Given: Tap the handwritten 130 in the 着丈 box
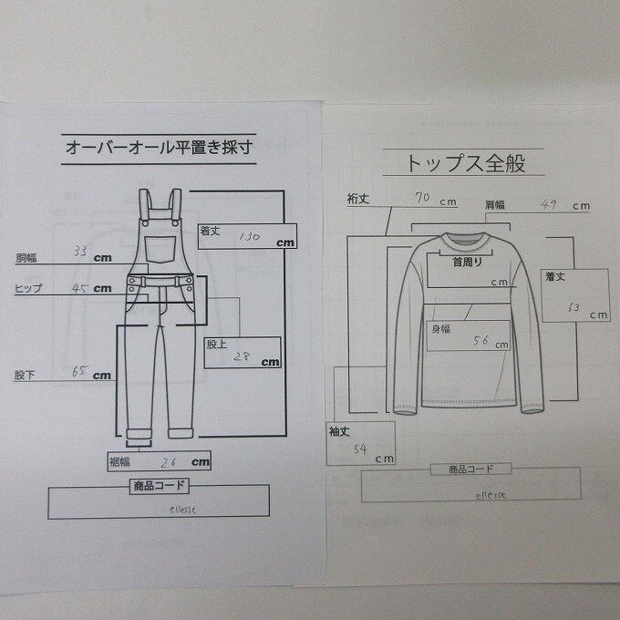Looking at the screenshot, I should point(248,237).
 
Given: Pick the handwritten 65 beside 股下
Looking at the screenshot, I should point(80,373).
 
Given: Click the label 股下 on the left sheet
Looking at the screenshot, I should point(25,374).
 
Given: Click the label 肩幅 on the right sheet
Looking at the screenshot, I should point(494,204).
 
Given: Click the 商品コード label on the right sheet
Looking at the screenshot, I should point(470,470).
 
